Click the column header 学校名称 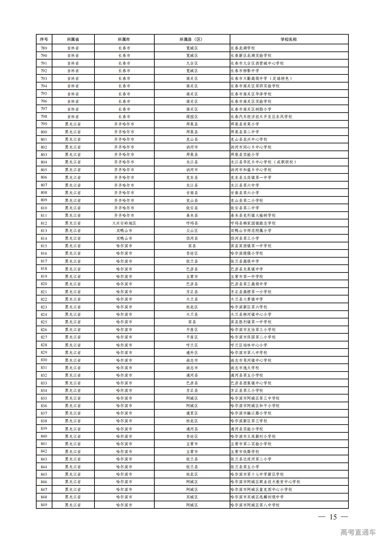(289, 39)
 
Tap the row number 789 (44, 48)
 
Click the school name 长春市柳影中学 (245, 71)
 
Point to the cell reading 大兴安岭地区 (124, 223)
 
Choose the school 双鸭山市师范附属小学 (251, 230)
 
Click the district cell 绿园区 (192, 117)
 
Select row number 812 (44, 223)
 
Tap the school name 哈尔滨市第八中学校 (249, 352)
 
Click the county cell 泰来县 (192, 215)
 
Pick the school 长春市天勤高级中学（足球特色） (261, 78)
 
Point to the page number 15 (333, 517)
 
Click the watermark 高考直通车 (358, 532)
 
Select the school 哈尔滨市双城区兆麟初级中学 (257, 497)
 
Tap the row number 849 (44, 505)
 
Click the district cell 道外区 (192, 352)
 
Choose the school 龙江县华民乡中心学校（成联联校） (264, 162)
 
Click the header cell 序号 (44, 39)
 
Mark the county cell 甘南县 (192, 193)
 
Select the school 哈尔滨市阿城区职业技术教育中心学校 (265, 482)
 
